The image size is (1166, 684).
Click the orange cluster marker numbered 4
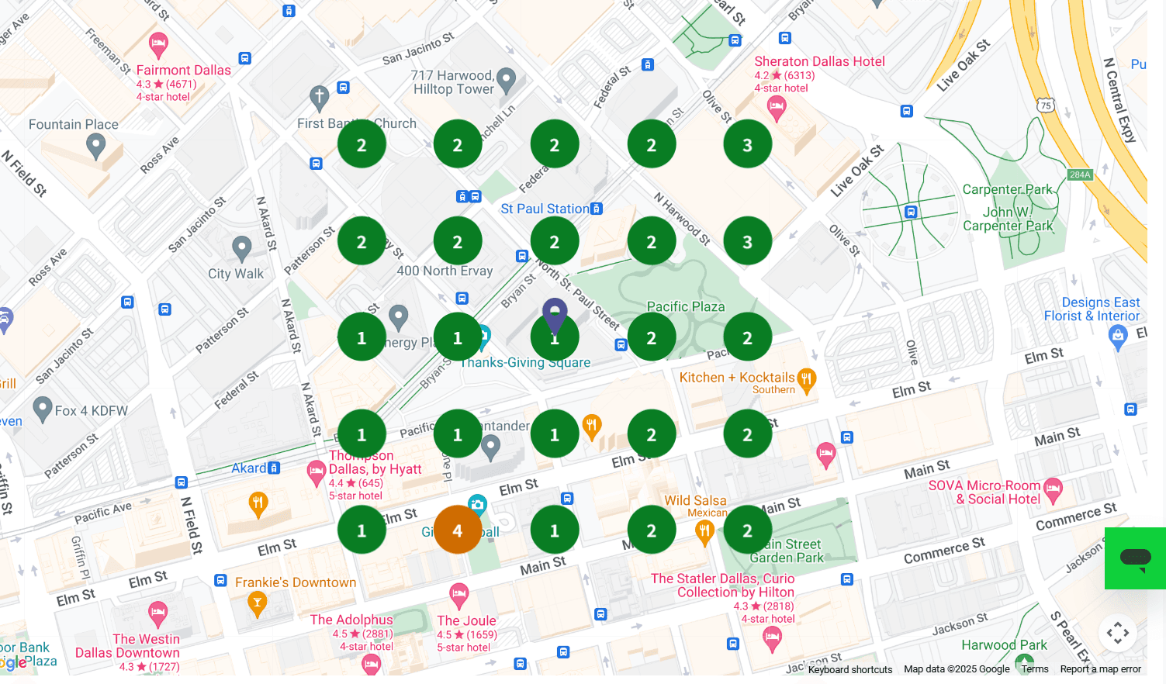pyautogui.click(x=457, y=530)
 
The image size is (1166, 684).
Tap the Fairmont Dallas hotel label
pyautogui.click(x=183, y=71)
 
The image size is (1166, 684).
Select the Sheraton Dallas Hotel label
pyautogui.click(x=819, y=62)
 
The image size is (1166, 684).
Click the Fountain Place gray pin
pyautogui.click(x=95, y=145)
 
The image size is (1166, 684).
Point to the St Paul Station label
pyautogui.click(x=545, y=209)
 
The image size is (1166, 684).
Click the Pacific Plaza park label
pyautogui.click(x=686, y=307)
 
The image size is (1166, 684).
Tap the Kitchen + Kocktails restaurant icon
pyautogui.click(x=807, y=379)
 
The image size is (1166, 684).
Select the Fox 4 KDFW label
pyautogui.click(x=91, y=411)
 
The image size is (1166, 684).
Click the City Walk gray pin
pyautogui.click(x=242, y=248)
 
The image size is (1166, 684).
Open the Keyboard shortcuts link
pyautogui.click(x=849, y=669)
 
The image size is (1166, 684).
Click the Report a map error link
pyautogui.click(x=1100, y=669)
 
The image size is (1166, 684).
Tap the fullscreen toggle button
pyautogui.click(x=1117, y=633)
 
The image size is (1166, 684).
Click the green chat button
pyautogui.click(x=1135, y=558)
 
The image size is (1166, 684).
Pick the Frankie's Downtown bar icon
pyautogui.click(x=258, y=602)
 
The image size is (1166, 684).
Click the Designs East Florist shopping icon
pyautogui.click(x=1118, y=336)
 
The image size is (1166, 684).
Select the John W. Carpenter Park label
pyautogui.click(x=1008, y=219)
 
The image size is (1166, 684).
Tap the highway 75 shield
pyautogui.click(x=1046, y=105)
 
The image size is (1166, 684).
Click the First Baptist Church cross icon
pyautogui.click(x=319, y=98)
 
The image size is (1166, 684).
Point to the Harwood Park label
pyautogui.click(x=1004, y=645)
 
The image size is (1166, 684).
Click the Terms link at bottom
pyautogui.click(x=1034, y=669)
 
